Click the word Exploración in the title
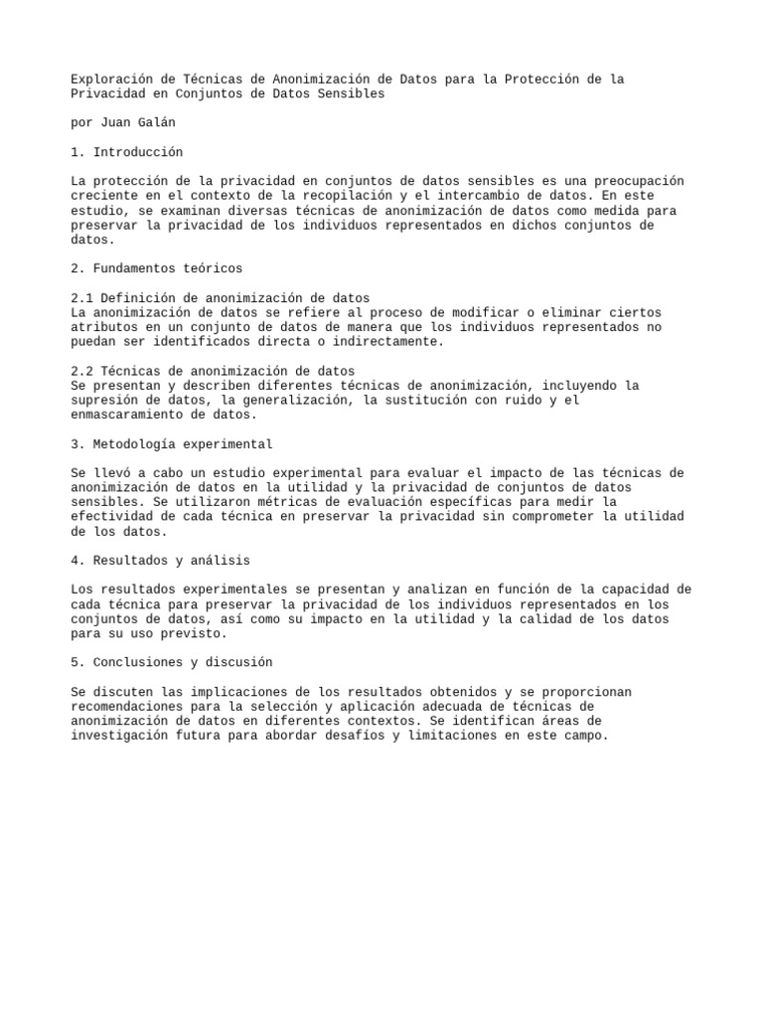(114, 80)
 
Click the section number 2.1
(82, 298)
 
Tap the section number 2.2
(82, 371)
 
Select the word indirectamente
(381, 341)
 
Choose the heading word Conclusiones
(142, 662)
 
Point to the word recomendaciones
(129, 706)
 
